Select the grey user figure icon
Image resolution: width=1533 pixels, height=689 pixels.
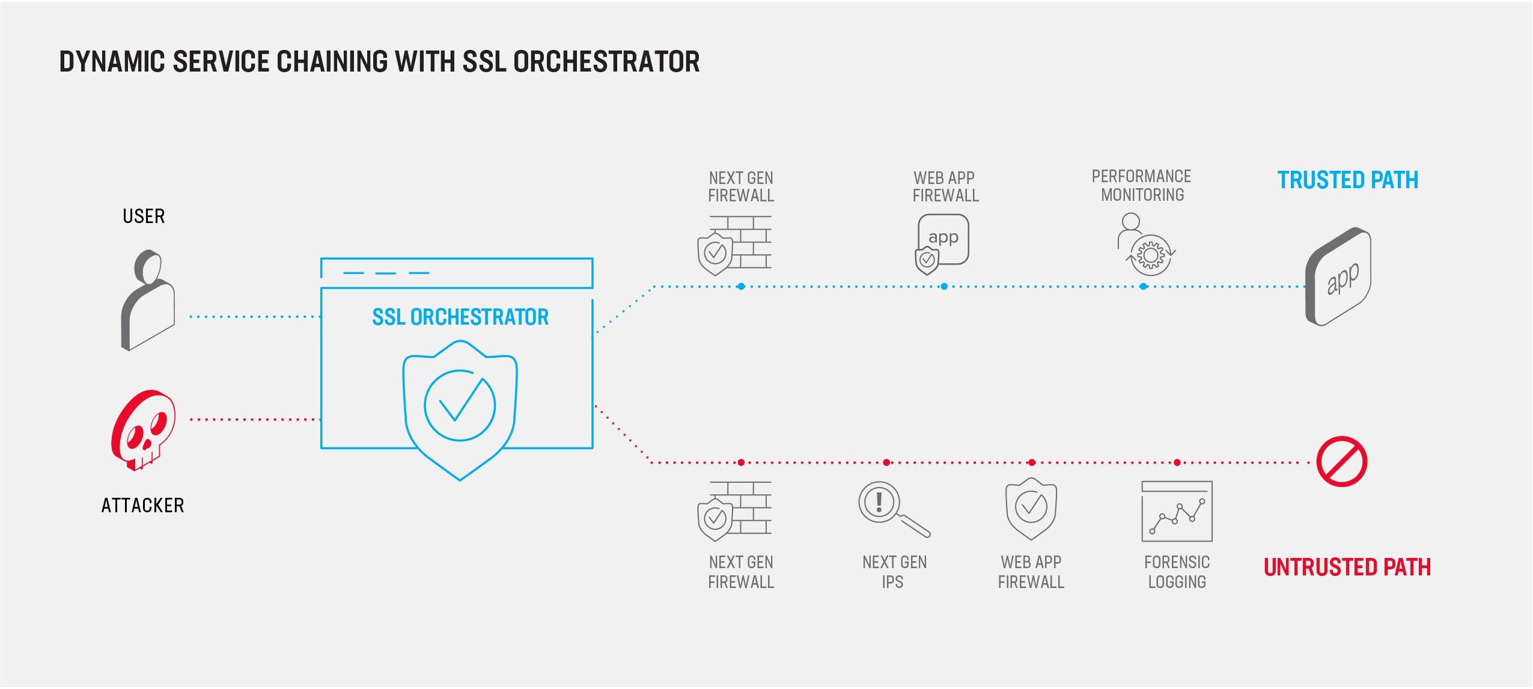click(148, 299)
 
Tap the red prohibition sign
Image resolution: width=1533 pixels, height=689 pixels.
click(1341, 461)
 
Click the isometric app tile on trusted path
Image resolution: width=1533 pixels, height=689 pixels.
click(1338, 277)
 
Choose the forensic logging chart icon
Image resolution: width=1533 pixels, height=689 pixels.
click(1177, 511)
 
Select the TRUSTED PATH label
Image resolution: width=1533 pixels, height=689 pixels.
click(1347, 180)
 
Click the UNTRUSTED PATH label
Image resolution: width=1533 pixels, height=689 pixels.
click(1347, 567)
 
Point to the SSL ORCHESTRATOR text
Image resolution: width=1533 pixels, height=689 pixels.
click(460, 317)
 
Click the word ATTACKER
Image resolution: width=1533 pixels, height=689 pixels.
click(142, 505)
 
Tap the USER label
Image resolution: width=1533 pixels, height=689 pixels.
click(144, 216)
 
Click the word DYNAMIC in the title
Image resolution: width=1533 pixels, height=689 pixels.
click(112, 61)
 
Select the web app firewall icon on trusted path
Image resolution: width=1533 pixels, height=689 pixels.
click(942, 244)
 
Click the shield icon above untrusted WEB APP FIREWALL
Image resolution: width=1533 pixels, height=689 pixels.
click(1031, 509)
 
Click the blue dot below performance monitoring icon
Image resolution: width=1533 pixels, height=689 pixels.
click(1143, 286)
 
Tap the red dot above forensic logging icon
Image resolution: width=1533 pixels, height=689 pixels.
click(1177, 462)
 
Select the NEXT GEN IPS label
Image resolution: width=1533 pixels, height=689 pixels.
click(894, 572)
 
